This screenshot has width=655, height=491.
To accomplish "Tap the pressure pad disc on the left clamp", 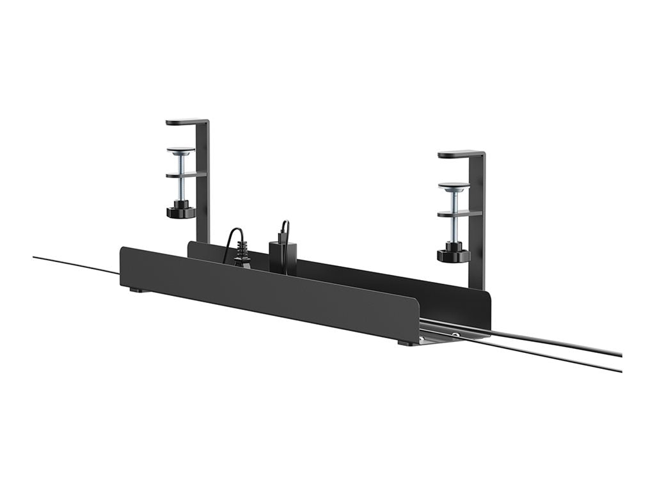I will [x=181, y=151].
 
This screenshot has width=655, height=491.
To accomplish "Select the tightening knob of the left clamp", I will [x=181, y=210].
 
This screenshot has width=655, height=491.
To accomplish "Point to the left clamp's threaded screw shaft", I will [x=182, y=189].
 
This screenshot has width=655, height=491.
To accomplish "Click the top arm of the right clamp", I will [x=459, y=154].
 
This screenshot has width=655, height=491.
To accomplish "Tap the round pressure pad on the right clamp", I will [x=454, y=186].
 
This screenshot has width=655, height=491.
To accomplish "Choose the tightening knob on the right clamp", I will [x=454, y=254].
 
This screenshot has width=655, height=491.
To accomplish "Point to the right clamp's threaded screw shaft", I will [x=454, y=228].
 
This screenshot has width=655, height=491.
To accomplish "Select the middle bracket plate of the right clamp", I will [x=458, y=214].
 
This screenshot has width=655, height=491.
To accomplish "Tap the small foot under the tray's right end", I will [x=405, y=343].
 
